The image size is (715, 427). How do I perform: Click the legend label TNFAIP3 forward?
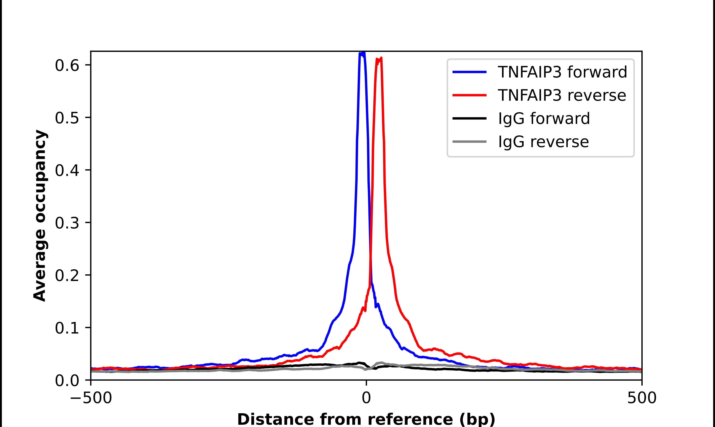pos(562,72)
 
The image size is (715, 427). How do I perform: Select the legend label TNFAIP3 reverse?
pos(562,95)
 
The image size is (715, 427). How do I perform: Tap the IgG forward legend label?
pos(544,119)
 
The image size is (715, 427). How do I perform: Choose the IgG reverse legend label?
pos(543,142)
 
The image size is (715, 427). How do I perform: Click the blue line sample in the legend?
pos(469,72)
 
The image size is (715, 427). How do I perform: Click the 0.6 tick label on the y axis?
pos(67,66)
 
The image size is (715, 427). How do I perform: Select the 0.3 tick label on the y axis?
pos(67,223)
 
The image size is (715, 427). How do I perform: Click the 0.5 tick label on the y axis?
pos(67,118)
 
